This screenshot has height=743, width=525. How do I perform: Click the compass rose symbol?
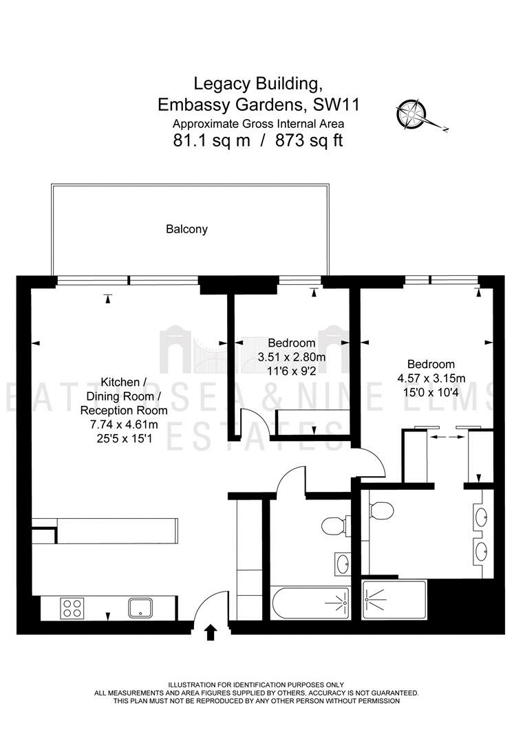coord(411,114)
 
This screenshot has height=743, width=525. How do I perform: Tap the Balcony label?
coord(186,229)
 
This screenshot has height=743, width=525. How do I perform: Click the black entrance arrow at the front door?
coord(212,632)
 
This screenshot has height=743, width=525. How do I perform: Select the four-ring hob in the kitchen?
coord(72,608)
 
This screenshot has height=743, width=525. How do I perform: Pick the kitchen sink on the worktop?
coord(141,608)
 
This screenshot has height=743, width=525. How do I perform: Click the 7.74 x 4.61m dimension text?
coord(124,424)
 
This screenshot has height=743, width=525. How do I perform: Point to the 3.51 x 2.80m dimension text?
coord(292,357)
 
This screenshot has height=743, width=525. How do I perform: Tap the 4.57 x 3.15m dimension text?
coord(431,378)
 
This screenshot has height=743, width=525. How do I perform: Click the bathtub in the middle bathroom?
coord(311,603)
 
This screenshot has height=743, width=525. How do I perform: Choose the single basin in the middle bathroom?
coord(342,564)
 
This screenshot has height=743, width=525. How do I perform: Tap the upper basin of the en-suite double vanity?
coord(482,517)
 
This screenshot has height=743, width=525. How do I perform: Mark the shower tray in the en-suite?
coord(394,599)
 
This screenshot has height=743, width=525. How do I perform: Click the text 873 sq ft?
coord(309,141)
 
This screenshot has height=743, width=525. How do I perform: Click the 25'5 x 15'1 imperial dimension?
coord(124,439)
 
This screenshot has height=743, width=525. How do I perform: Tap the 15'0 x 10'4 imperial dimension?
coord(431,392)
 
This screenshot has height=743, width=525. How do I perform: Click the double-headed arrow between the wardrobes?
coord(447,437)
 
